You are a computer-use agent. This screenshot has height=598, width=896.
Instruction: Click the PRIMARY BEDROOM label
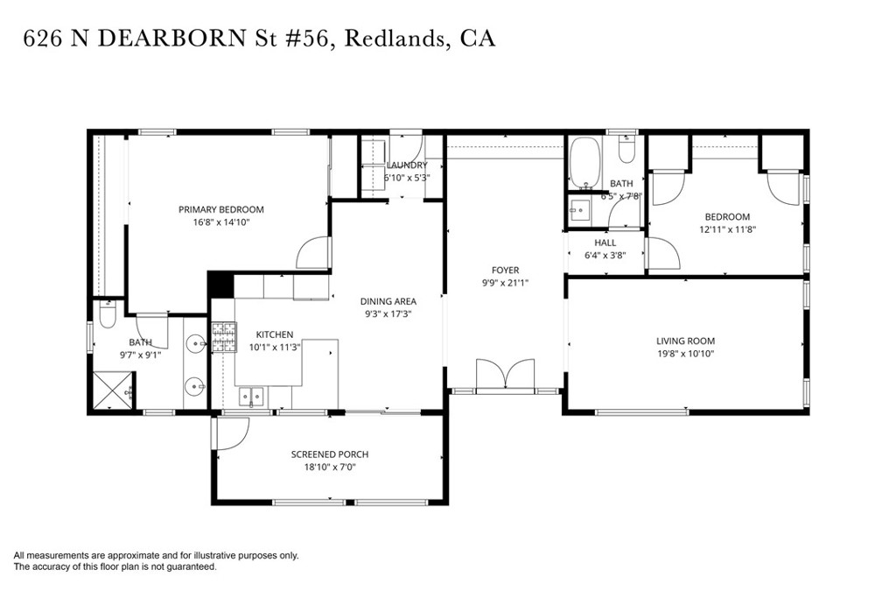tap(220, 209)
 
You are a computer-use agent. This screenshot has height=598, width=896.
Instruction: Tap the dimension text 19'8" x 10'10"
tap(685, 355)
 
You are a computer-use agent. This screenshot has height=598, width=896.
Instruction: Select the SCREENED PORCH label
tap(329, 454)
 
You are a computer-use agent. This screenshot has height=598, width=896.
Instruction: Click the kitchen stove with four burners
tap(223, 337)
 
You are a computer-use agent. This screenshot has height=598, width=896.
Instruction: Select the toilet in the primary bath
tap(107, 313)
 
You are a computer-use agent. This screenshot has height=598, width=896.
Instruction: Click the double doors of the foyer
tap(505, 374)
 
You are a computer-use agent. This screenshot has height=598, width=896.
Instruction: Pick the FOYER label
tap(505, 270)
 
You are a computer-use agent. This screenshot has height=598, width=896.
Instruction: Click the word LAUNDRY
tap(407, 165)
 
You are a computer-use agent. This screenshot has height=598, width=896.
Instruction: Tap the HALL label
tap(605, 243)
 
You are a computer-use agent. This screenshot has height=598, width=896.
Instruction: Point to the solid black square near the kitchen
tap(220, 285)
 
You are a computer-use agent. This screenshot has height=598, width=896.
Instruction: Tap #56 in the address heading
tap(310, 39)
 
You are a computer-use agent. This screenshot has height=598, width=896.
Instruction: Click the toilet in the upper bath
tap(625, 151)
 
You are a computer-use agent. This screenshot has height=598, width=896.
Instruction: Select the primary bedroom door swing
tap(312, 253)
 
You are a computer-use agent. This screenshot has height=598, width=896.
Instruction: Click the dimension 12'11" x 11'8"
tap(726, 230)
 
